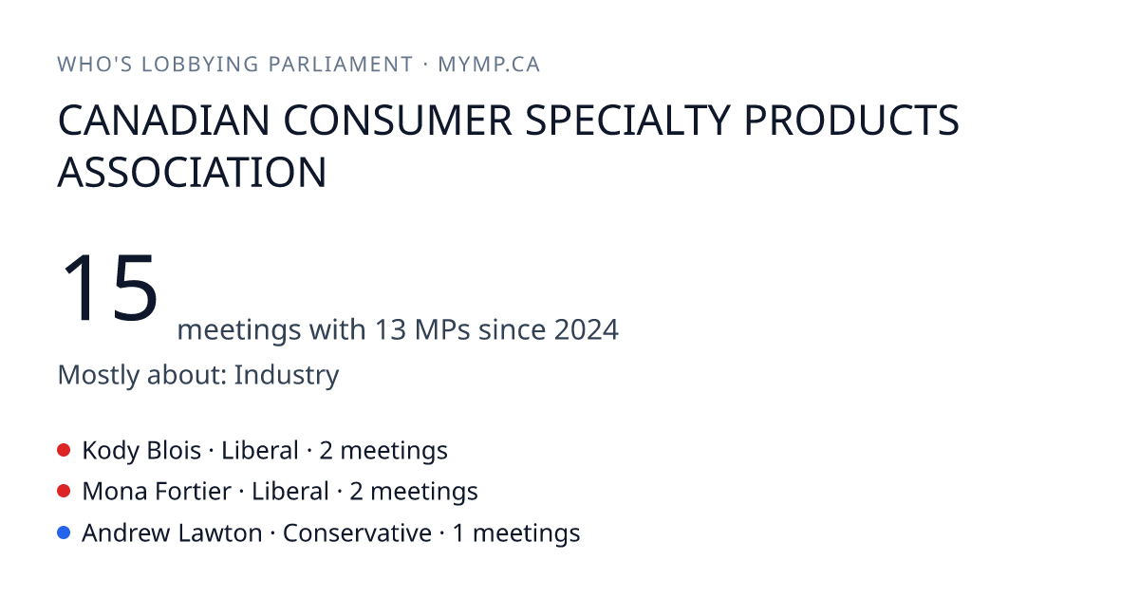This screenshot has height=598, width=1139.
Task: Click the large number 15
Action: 110,288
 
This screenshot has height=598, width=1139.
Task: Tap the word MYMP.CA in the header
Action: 489,65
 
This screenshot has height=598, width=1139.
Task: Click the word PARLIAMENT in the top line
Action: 341,65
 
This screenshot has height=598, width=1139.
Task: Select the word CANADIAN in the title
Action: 163,120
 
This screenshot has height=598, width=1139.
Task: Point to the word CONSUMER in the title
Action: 398,120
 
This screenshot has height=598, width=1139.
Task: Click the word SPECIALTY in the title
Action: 628,120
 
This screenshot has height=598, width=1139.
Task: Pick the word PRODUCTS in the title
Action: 851,120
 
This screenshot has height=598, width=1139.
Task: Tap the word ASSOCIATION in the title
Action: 192,173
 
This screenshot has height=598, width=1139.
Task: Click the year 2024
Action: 587,329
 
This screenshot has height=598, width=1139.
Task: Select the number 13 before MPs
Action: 390,329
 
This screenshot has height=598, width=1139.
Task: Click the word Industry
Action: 287,375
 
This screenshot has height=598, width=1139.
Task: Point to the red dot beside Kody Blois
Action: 64,450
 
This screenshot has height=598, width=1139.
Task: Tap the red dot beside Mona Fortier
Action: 64,492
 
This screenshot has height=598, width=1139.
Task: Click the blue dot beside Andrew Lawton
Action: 64,533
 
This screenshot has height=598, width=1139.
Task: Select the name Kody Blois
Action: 141,451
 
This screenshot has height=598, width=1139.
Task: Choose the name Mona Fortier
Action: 157,492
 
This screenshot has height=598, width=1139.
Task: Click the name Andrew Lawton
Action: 172,533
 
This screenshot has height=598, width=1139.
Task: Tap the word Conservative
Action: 357,533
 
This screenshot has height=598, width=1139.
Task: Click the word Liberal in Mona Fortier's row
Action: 290,492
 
